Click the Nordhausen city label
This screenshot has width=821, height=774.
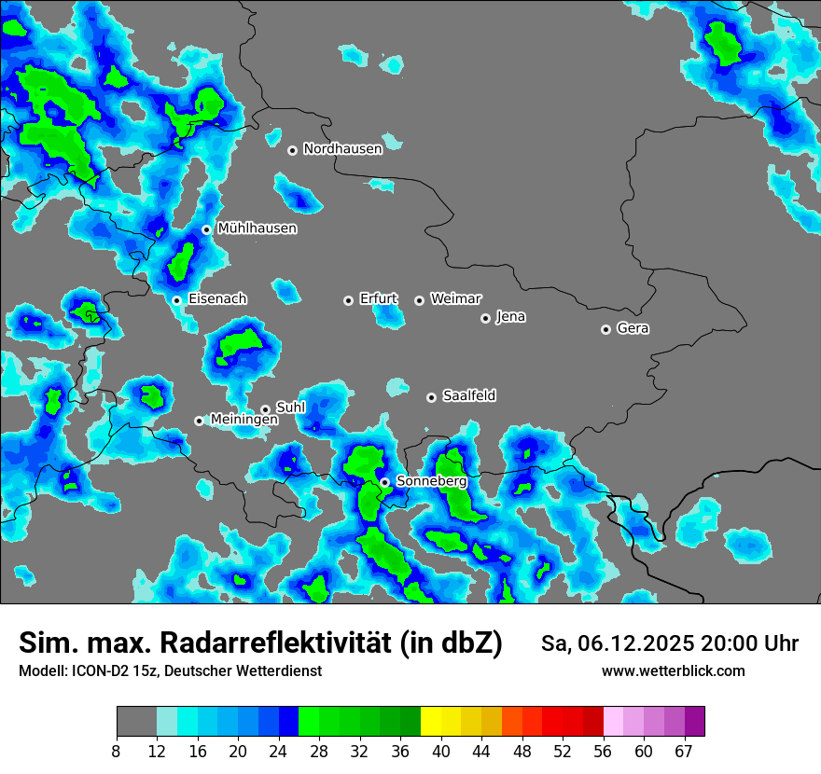pos(342,149)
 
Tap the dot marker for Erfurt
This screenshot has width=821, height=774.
pos(348,300)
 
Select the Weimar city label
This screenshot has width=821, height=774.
pos(455,299)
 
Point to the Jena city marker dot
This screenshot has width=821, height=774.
pos(485,318)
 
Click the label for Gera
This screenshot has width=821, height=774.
pos(633,328)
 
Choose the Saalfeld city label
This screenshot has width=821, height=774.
pos(468,396)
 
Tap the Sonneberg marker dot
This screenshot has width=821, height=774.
pos(384,482)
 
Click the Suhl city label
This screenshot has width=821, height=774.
pos(291,408)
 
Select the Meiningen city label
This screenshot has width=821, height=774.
pos(244,420)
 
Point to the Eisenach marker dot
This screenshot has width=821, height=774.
pos(176,300)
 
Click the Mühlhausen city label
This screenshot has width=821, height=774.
pos(257,228)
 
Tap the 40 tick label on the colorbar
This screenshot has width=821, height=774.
pos(441,752)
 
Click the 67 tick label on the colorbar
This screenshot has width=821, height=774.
pos(684,752)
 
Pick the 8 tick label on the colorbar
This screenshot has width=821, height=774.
pos(117,752)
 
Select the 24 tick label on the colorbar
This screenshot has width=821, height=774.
pos(279,752)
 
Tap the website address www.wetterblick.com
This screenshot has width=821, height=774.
pos(673,670)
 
